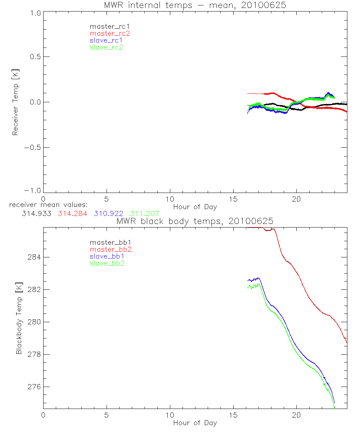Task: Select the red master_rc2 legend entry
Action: pyautogui.click(x=110, y=33)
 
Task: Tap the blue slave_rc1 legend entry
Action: pyautogui.click(x=106, y=40)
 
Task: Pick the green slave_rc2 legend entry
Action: pyautogui.click(x=106, y=47)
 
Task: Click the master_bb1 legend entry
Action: pyautogui.click(x=108, y=243)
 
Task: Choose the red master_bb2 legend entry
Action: pyautogui.click(x=108, y=249)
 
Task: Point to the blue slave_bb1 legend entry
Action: pyautogui.click(x=108, y=256)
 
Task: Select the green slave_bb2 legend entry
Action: pyautogui.click(x=108, y=263)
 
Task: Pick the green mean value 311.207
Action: pyautogui.click(x=144, y=213)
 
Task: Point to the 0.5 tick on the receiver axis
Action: pyautogui.click(x=34, y=57)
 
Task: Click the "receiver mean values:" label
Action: pyautogui.click(x=46, y=205)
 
